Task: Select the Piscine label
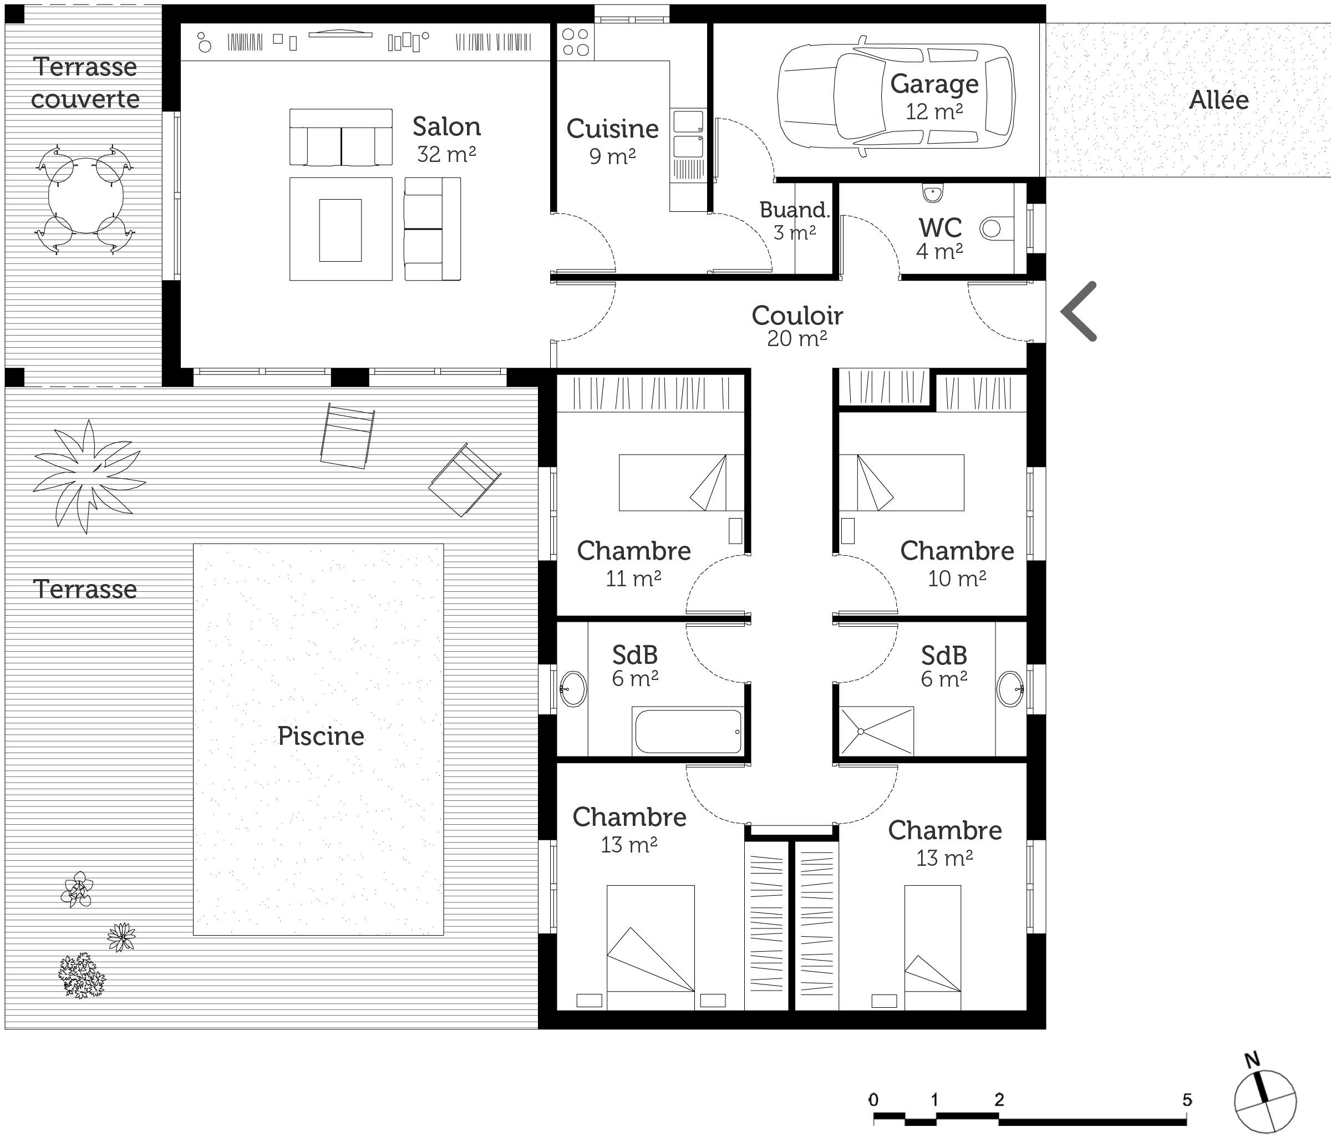coord(321,736)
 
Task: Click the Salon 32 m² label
coord(446,139)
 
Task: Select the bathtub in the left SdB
coord(688,731)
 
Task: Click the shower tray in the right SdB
coord(876,731)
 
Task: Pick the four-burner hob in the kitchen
coord(576,42)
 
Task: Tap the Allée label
coord(1218,99)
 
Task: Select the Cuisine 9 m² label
coord(612,142)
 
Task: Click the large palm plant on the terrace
coord(89,476)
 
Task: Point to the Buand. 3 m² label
coord(795,220)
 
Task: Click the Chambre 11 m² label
coord(633,564)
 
